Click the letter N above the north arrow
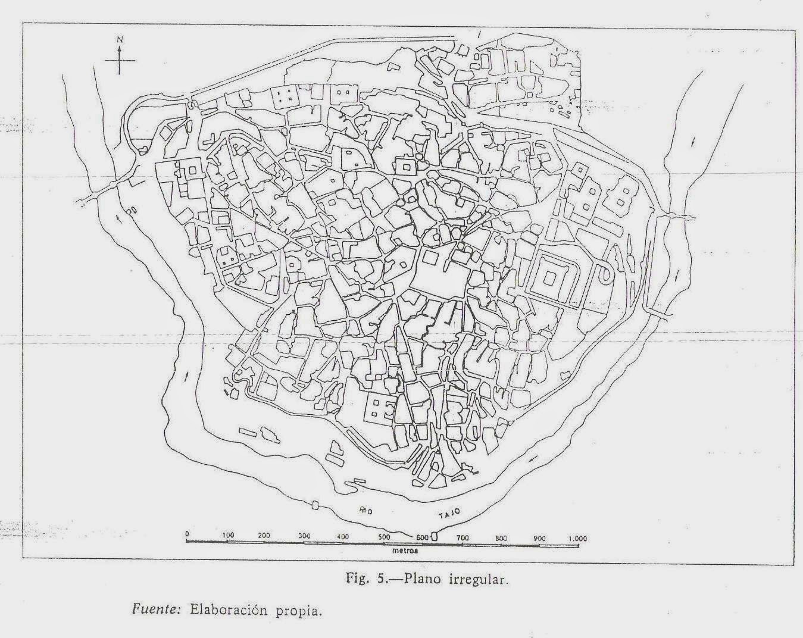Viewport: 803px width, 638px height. [120, 39]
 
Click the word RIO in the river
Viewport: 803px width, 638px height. [365, 510]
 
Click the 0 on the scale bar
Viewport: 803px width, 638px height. [187, 533]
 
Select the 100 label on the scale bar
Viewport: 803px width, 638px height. [228, 535]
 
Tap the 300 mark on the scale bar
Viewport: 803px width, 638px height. [304, 536]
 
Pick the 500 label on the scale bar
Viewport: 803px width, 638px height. [385, 537]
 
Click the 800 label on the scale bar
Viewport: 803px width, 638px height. [501, 538]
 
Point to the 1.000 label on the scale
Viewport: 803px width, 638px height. [577, 539]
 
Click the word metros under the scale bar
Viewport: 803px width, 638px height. [404, 551]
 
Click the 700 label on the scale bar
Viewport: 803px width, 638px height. [463, 538]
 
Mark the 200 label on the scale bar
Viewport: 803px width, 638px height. [265, 536]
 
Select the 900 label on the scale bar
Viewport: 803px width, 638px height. [539, 538]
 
